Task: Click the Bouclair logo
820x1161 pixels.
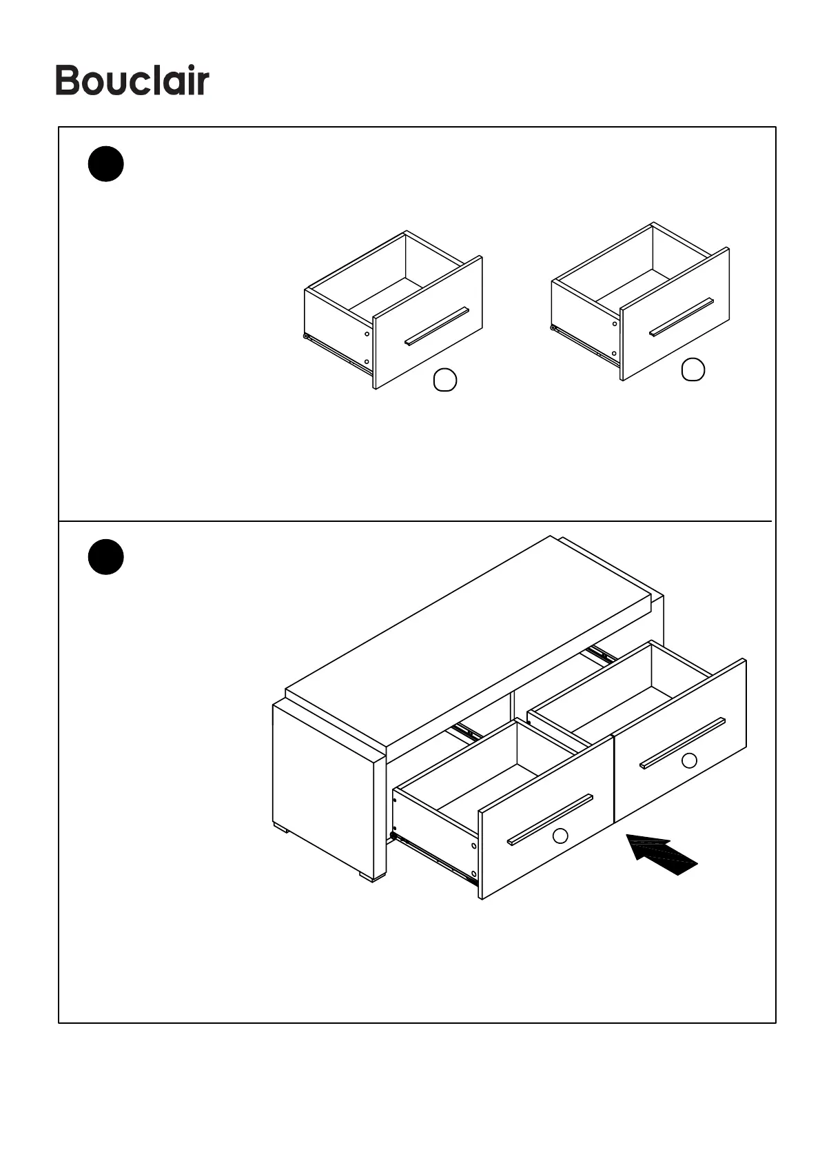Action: click(x=132, y=81)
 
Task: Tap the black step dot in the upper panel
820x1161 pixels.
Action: click(x=105, y=164)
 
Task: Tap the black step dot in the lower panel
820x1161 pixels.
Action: click(x=105, y=557)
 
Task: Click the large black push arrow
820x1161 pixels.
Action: click(x=662, y=854)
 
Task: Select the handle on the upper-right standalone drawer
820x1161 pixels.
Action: click(x=681, y=317)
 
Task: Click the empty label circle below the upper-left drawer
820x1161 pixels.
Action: click(x=445, y=380)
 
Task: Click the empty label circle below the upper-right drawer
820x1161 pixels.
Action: click(x=693, y=370)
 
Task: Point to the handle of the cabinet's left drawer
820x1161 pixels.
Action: click(x=550, y=819)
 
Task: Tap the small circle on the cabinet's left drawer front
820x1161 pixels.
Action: click(x=560, y=836)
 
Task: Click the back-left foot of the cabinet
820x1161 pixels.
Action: click(x=280, y=827)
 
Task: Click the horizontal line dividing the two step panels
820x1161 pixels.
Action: click(x=413, y=521)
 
